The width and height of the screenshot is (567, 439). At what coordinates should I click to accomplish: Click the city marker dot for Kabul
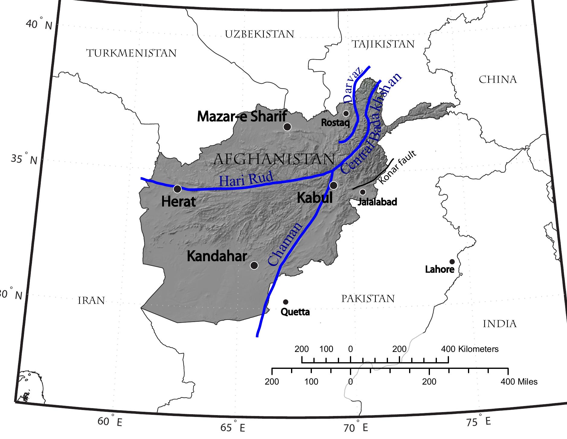[333, 185]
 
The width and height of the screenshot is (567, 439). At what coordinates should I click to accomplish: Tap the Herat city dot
[178, 189]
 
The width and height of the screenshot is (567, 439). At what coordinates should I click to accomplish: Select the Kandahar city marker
[254, 265]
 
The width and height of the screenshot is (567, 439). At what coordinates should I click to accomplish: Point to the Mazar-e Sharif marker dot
[287, 127]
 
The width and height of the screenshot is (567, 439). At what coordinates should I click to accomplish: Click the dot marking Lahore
[452, 262]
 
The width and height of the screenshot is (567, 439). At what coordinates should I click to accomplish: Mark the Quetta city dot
[286, 302]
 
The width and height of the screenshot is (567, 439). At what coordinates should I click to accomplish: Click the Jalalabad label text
[377, 202]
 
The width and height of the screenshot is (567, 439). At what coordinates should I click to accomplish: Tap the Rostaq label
[335, 123]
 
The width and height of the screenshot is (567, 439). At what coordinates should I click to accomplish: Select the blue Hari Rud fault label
[246, 180]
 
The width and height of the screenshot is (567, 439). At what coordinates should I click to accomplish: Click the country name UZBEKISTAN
[260, 34]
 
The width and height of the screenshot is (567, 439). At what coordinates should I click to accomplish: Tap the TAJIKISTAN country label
[383, 44]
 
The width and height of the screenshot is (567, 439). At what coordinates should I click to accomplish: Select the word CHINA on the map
[498, 80]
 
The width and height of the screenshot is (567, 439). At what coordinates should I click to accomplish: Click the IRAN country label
[91, 301]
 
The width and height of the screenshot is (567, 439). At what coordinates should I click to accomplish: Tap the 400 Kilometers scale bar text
[470, 349]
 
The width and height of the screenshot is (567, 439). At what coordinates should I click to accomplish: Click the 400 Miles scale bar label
[519, 382]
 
